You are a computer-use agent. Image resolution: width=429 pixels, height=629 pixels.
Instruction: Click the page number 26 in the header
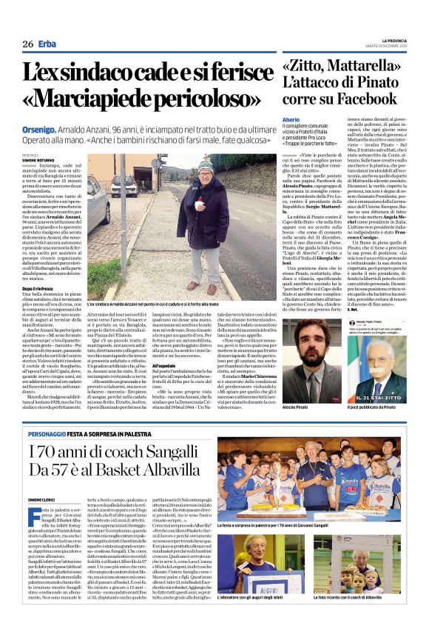point(27,44)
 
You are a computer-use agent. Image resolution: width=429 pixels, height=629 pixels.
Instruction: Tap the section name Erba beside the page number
point(47,44)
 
